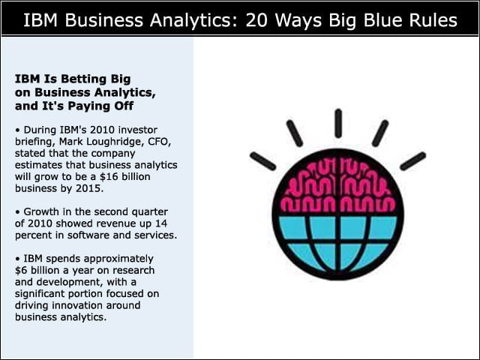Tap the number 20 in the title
258,20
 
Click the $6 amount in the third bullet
22,270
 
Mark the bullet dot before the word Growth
17,212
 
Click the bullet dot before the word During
17,130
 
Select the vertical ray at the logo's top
338,123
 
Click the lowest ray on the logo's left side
263,161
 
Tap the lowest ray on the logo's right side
413,161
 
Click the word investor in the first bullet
138,130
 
